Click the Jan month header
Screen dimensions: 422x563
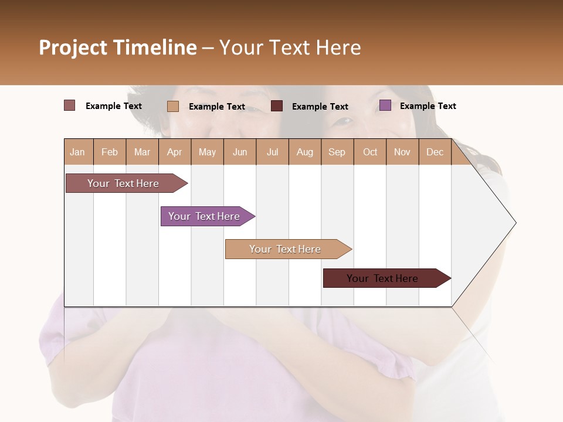coord(77,152)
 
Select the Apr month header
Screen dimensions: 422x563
coord(174,152)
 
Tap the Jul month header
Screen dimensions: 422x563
coord(272,152)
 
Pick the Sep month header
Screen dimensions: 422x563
coord(337,152)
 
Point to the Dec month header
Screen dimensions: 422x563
coord(435,152)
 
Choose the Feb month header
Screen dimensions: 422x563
coord(110,152)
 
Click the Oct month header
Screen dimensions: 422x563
coord(370,152)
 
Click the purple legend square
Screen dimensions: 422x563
coord(385,105)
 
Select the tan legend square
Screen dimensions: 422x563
coord(173,106)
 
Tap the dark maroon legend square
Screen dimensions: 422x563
coord(277,106)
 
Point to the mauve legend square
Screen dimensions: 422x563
coord(70,105)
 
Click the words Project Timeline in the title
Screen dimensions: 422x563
coord(118,47)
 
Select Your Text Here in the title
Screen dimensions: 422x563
coord(290,47)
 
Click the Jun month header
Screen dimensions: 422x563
coord(240,152)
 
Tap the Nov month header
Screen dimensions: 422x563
coord(402,152)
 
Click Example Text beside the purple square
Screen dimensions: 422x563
coord(428,106)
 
